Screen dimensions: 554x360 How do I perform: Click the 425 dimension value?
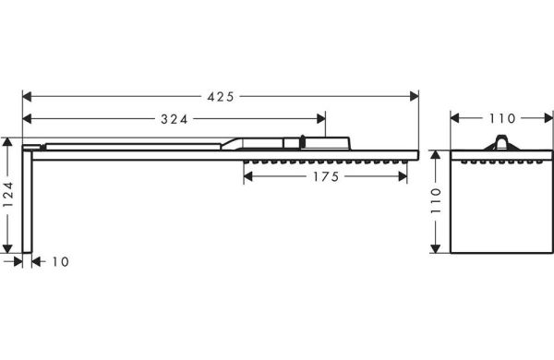coord(221,96)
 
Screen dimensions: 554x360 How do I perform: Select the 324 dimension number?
coord(175,119)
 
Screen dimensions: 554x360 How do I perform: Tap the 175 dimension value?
coord(326,176)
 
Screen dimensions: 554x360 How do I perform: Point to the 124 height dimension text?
coord(7,195)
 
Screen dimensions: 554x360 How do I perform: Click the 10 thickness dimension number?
coord(60,262)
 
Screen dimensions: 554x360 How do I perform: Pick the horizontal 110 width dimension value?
coord(502,119)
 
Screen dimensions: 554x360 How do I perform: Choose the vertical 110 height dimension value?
coord(437,200)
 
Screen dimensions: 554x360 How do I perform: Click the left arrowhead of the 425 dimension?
coord(27,96)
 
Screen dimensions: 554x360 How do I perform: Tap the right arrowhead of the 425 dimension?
coord(414,96)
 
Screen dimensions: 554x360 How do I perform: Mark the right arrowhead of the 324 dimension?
coord(321,119)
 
